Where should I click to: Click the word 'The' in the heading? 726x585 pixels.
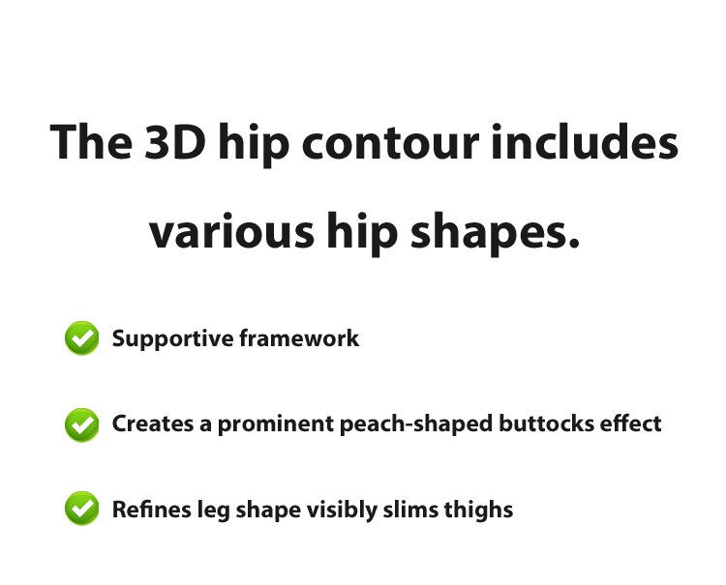tap(91, 141)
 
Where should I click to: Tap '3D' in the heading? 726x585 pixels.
tap(175, 141)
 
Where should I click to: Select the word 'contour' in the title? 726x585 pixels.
tap(390, 142)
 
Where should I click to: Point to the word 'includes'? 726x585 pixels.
tap(585, 141)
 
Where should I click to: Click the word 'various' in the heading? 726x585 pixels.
tap(232, 230)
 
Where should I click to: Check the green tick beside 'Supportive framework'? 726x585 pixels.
tap(82, 338)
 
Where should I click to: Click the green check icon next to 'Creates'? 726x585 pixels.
tap(82, 424)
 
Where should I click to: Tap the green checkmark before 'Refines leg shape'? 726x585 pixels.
tap(82, 509)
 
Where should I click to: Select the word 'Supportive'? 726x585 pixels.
tap(172, 339)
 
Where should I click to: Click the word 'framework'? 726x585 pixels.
tap(299, 337)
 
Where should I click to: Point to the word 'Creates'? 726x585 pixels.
tap(153, 424)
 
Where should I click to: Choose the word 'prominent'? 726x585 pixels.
tap(276, 424)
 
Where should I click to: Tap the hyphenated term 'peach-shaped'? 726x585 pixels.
tap(416, 424)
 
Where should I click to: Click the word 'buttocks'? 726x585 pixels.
tap(546, 424)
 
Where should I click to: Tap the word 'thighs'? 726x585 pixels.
tap(479, 511)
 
